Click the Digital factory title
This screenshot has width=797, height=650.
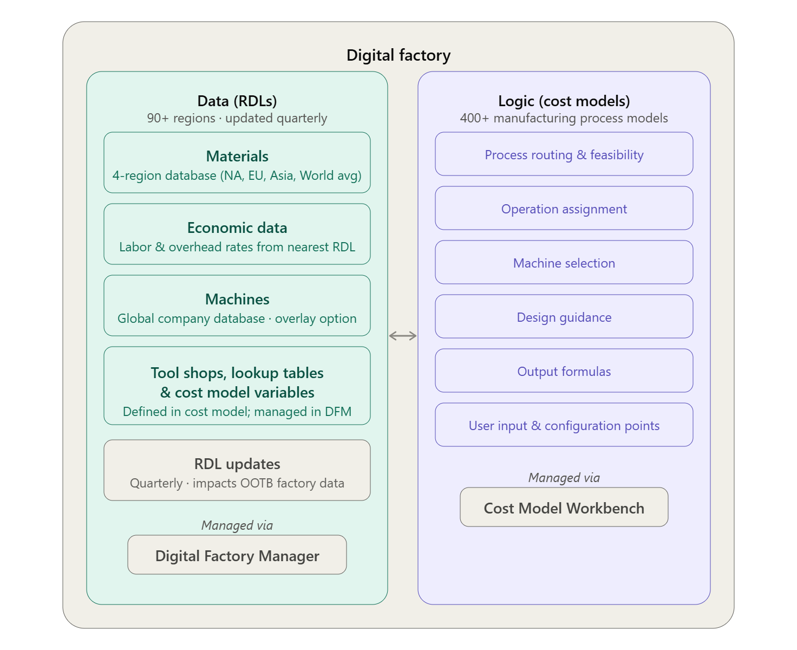pyautogui.click(x=398, y=55)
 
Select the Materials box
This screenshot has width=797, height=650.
pyautogui.click(x=237, y=162)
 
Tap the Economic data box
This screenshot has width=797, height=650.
pyautogui.click(x=237, y=233)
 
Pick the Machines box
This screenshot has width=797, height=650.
pyautogui.click(x=237, y=305)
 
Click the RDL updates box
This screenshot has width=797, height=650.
pyautogui.click(x=237, y=470)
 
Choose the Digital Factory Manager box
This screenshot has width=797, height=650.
pyautogui.click(x=237, y=554)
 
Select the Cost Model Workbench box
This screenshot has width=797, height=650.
pyautogui.click(x=564, y=506)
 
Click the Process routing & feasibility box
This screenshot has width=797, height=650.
pyautogui.click(x=564, y=154)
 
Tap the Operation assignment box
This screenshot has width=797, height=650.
pyautogui.click(x=564, y=208)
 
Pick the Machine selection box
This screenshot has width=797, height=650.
pyautogui.click(x=564, y=262)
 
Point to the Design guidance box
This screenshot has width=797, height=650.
pyautogui.click(x=564, y=316)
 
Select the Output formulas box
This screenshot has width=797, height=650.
pyautogui.click(x=564, y=370)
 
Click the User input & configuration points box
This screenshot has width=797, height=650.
pyautogui.click(x=564, y=425)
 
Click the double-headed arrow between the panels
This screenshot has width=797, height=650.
pyautogui.click(x=403, y=336)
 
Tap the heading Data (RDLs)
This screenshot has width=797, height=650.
pyautogui.click(x=237, y=101)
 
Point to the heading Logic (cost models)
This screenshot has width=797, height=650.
pyautogui.click(x=564, y=101)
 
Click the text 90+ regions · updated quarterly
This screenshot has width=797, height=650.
pyautogui.click(x=237, y=118)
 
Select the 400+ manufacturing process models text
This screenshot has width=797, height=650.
pyautogui.click(x=564, y=118)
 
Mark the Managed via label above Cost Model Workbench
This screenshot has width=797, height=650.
pyautogui.click(x=564, y=478)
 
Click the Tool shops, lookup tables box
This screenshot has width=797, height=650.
pyautogui.click(x=237, y=386)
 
